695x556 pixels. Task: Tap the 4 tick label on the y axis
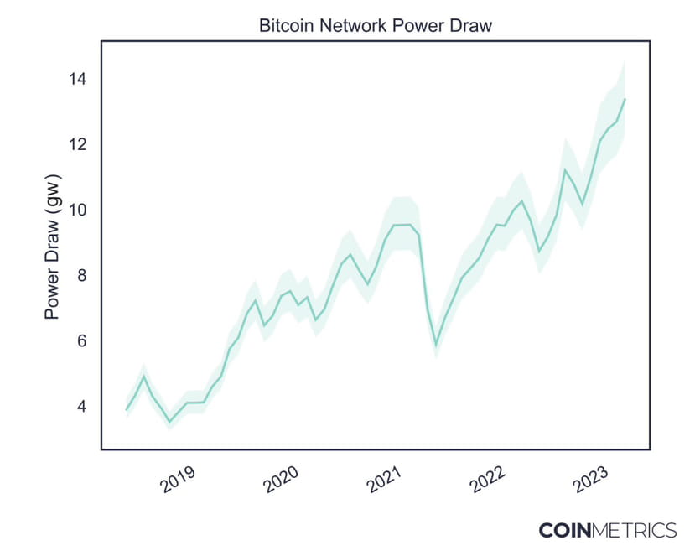81,406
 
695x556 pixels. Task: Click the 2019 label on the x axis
178,479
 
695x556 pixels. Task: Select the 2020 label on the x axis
281,479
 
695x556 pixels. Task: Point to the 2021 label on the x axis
384,479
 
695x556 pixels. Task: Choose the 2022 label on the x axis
487,479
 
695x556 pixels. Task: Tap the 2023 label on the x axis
590,479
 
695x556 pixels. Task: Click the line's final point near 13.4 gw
625,99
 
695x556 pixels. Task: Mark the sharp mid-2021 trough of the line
436,344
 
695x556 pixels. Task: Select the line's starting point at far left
127,409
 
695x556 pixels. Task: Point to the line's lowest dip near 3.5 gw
169,422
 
